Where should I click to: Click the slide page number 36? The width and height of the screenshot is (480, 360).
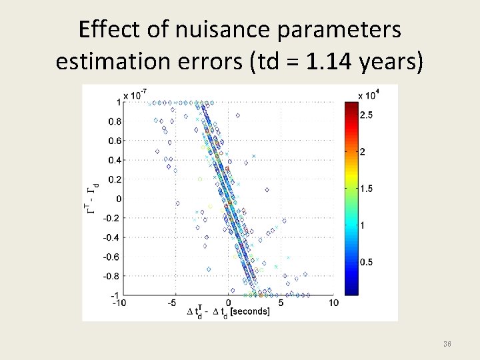[x=447, y=344]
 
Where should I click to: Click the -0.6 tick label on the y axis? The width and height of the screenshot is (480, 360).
[x=112, y=257]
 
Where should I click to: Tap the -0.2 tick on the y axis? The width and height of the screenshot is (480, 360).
[x=112, y=218]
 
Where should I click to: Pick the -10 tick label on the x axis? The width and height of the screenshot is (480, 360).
[x=119, y=303]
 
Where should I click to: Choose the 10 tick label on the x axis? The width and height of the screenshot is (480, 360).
[x=333, y=303]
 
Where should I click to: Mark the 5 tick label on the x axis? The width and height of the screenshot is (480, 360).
[x=281, y=303]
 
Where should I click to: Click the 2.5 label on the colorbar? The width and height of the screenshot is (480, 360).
[x=366, y=115]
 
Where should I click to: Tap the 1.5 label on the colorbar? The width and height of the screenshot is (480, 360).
[x=366, y=189]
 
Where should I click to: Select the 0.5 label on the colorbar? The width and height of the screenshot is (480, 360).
[x=366, y=262]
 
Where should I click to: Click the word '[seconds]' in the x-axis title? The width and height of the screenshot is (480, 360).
[x=247, y=312]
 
